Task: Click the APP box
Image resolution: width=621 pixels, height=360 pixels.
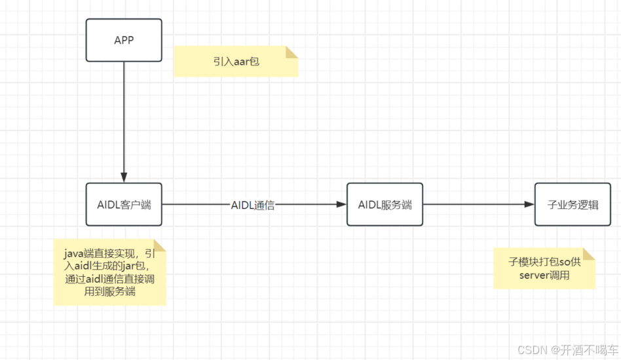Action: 124,40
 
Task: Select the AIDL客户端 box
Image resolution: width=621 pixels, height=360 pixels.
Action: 124,205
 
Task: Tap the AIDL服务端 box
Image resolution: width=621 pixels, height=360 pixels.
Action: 385,205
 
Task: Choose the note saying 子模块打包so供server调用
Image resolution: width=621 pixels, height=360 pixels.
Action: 544,268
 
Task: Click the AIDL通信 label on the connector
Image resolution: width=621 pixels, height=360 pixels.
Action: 253,205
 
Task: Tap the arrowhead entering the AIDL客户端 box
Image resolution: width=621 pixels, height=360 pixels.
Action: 124,177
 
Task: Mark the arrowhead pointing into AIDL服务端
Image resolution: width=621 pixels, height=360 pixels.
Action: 341,205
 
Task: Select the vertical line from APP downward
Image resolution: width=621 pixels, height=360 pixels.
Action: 124,118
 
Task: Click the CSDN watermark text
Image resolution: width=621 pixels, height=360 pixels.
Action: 533,350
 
